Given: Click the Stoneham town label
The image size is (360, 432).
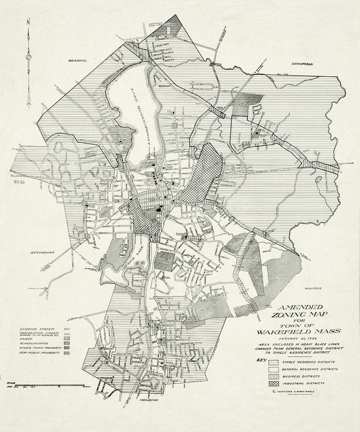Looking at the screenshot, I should point(42,253).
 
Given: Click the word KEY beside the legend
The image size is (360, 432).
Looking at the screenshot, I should point(261,360).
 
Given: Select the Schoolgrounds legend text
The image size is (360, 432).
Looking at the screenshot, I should point(35,343).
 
